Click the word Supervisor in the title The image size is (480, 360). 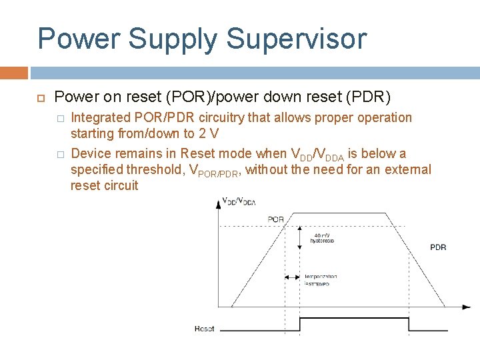coord(296,39)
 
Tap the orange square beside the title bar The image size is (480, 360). coord(14,73)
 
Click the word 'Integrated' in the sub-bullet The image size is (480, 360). coord(100,118)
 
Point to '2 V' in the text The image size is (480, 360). coord(208,134)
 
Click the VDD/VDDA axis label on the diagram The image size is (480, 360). coord(238,201)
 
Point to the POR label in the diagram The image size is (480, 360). coord(275,219)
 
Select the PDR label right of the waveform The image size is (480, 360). coord(438,247)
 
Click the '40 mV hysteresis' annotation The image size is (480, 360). coord(323,238)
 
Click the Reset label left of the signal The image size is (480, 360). coord(204,329)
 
